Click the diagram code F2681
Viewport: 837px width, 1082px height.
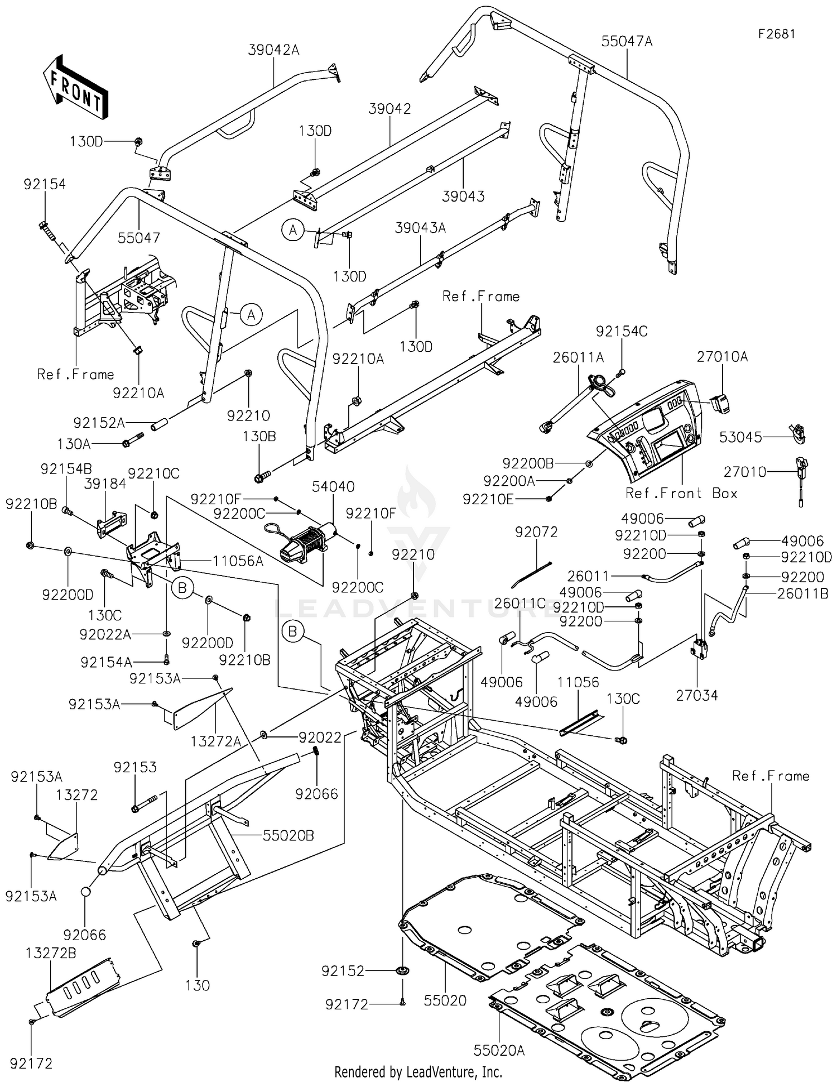click(776, 34)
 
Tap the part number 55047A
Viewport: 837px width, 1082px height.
click(627, 41)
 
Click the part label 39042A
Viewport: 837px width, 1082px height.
click(273, 50)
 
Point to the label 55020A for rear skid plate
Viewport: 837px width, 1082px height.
click(499, 1051)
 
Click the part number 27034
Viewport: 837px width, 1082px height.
click(696, 695)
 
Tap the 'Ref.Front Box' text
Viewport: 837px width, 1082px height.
click(681, 493)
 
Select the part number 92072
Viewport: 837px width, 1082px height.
click(536, 532)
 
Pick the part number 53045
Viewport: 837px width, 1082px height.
click(740, 437)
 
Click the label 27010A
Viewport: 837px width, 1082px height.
click(722, 356)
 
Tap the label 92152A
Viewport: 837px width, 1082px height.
click(99, 423)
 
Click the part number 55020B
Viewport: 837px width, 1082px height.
click(288, 835)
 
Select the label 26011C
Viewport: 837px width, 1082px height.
click(519, 604)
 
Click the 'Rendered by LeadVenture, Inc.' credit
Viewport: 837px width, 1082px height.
click(418, 1071)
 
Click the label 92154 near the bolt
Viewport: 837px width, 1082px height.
click(45, 184)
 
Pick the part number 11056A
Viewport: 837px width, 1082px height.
click(238, 561)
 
